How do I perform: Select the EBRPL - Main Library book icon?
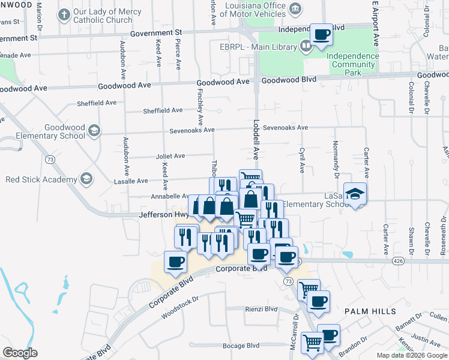point(305,46)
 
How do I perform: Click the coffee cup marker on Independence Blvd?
point(321,35)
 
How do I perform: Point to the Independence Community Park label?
point(353,64)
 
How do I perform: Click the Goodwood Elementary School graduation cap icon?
point(93,131)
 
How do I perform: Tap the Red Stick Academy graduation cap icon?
point(86,179)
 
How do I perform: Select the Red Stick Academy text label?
point(41,179)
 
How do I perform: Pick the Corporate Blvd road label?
point(240,268)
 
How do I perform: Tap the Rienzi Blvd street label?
point(261,309)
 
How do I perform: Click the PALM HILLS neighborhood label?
point(370,311)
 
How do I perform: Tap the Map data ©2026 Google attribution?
point(412,355)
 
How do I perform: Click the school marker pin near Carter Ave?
point(356,193)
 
